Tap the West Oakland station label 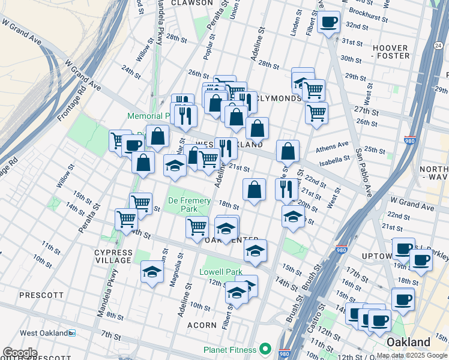(x=42, y=333)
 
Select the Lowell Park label (x=220, y=272)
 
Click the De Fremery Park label (x=189, y=205)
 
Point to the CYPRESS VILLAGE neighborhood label (x=113, y=256)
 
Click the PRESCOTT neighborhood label (x=41, y=295)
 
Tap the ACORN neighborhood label (x=201, y=325)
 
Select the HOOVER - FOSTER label (x=391, y=52)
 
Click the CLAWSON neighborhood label (x=191, y=3)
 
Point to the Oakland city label (x=408, y=343)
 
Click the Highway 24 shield (x=439, y=45)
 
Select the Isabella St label (x=334, y=160)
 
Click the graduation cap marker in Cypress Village (x=152, y=272)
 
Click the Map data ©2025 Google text (x=411, y=355)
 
